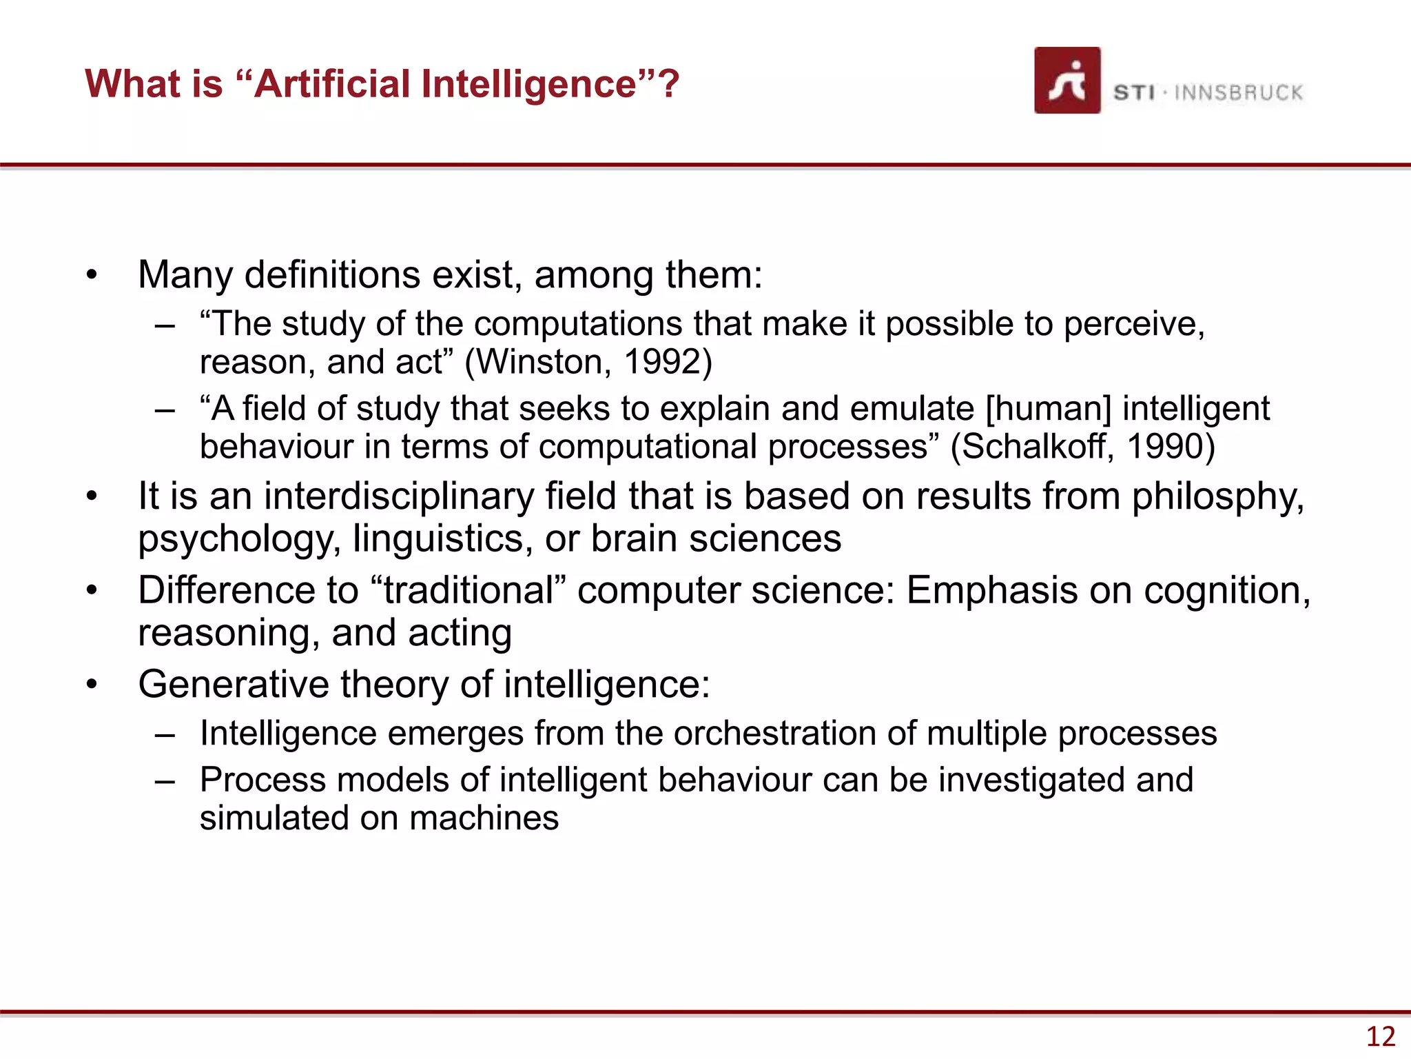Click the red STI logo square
click(1067, 80)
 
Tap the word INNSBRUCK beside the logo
click(1239, 93)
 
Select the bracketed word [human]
click(1048, 408)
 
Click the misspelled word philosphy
click(1217, 496)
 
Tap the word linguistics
click(443, 538)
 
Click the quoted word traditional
click(468, 591)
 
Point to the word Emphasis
click(991, 591)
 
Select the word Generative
click(234, 685)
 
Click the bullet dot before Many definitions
click(92, 276)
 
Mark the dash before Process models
click(165, 781)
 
